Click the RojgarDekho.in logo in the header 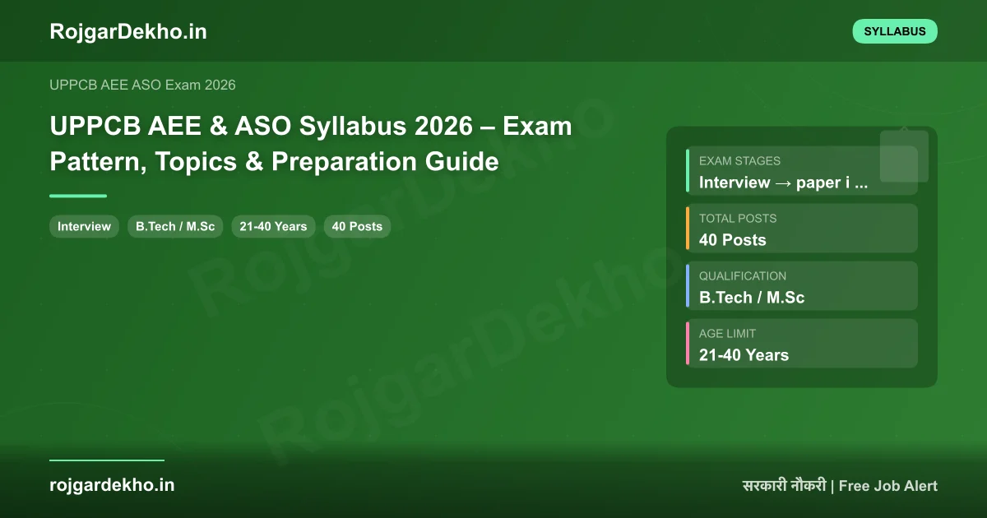[128, 31]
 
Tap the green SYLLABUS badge [895, 31]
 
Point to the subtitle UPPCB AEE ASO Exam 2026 [142, 85]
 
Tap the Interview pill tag [84, 226]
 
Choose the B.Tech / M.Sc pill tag [175, 226]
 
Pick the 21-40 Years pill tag [273, 226]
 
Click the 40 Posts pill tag [357, 226]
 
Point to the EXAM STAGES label [739, 161]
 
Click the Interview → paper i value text [783, 183]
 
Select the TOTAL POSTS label [738, 219]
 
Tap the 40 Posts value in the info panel [732, 240]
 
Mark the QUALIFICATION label [743, 276]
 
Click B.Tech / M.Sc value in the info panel [752, 298]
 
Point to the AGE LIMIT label [727, 334]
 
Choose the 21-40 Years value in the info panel [744, 355]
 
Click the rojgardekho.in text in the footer [112, 485]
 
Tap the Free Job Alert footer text [888, 486]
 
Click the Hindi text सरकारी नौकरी [784, 486]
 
